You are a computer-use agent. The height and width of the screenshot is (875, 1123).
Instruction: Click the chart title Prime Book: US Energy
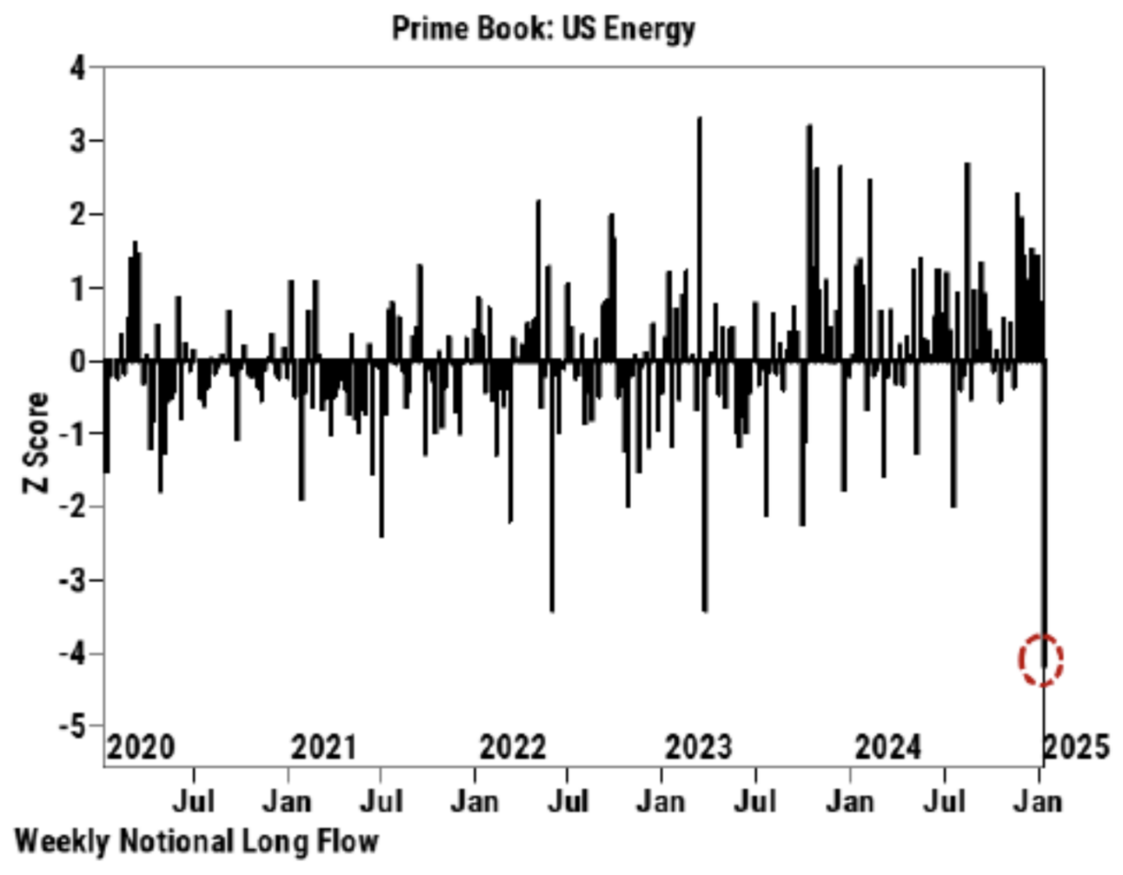[543, 29]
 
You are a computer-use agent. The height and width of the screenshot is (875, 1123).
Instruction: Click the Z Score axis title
[37, 443]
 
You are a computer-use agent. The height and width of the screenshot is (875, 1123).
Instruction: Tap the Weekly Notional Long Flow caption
[197, 841]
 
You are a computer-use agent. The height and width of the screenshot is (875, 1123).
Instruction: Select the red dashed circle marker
[1040, 660]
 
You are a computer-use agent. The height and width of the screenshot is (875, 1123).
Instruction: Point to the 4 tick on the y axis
[79, 68]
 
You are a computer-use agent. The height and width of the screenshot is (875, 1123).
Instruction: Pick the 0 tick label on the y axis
[79, 361]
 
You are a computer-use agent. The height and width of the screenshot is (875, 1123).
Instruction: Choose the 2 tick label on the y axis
[79, 214]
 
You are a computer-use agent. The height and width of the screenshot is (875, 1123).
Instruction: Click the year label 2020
[141, 747]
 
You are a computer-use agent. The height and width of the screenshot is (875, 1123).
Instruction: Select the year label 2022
[513, 747]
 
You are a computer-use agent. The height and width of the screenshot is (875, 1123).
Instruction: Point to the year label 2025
[1076, 747]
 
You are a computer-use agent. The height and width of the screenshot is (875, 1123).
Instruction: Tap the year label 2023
[699, 747]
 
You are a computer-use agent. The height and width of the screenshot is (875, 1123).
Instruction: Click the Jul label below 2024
[945, 799]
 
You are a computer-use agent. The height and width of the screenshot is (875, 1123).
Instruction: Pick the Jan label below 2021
[287, 799]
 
